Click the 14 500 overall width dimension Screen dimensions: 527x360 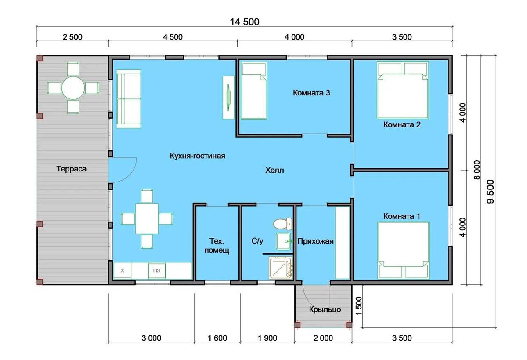245,22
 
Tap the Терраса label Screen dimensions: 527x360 71,169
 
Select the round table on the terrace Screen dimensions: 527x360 73,88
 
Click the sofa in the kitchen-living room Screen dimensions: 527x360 128,99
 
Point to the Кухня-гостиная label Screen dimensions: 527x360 197,156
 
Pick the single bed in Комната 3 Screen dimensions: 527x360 254,91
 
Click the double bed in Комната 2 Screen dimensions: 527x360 403,90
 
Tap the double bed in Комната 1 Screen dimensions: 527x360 403,250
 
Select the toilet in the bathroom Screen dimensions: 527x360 282,224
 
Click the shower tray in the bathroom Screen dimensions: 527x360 281,268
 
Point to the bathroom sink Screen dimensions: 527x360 284,241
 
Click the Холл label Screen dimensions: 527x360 274,170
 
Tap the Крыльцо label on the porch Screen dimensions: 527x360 325,309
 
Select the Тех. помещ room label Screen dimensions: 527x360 217,246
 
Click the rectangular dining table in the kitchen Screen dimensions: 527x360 147,219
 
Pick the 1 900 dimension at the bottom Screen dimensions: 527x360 267,338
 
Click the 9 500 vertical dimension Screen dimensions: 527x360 491,192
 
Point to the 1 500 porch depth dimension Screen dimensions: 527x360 359,306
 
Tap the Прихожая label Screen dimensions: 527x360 315,241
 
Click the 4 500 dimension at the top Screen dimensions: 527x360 173,37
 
